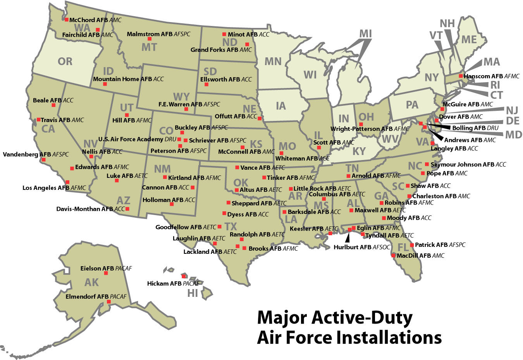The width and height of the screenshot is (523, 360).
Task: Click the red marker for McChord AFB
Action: [67, 19]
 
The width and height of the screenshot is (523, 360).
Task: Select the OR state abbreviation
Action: [65, 61]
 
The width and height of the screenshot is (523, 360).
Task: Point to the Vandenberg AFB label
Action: [36, 154]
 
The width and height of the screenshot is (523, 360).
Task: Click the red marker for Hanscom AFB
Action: [461, 76]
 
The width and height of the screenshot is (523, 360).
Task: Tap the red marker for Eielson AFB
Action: [106, 273]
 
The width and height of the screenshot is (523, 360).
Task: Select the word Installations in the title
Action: [389, 337]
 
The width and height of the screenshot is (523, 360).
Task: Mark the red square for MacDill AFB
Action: [394, 255]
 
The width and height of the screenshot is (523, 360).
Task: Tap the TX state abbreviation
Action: [231, 227]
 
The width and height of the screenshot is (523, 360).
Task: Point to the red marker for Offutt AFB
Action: [260, 118]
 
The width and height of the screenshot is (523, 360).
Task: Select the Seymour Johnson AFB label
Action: [468, 164]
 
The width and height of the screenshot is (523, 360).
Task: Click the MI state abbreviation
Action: [365, 34]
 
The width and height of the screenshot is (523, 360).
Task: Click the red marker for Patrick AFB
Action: [411, 245]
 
